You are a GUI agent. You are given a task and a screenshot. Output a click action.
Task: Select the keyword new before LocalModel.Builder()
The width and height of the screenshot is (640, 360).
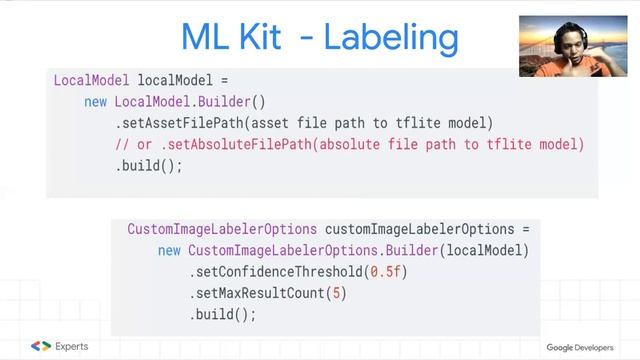(96, 101)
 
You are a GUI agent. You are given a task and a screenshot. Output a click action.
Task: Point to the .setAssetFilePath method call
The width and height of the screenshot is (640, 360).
(180, 123)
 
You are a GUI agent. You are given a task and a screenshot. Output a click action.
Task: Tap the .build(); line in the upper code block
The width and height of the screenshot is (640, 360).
(149, 166)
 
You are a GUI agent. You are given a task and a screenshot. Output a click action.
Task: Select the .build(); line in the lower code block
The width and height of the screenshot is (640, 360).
(223, 314)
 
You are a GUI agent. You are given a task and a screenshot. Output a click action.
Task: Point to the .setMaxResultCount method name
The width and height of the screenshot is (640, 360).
(258, 293)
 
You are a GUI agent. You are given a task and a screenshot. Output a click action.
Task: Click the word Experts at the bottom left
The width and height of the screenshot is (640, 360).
(71, 346)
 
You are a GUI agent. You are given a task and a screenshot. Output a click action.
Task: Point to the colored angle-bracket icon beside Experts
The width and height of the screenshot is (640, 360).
(41, 346)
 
